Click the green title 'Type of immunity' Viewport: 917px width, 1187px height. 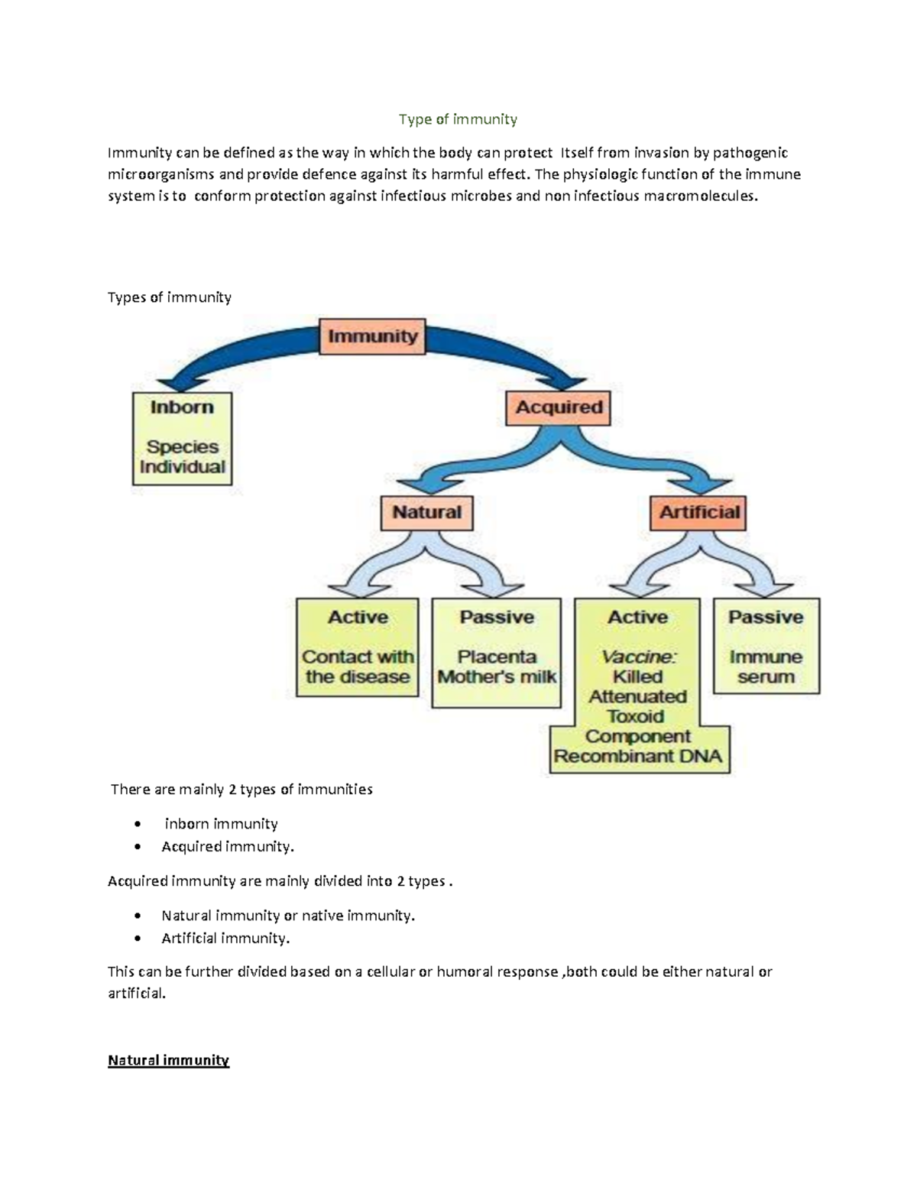pyautogui.click(x=458, y=119)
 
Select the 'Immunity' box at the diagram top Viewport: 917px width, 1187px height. pyautogui.click(x=372, y=336)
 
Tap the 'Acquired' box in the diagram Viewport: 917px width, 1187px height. pyautogui.click(x=559, y=407)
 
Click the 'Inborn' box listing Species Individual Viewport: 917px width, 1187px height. pyautogui.click(x=182, y=439)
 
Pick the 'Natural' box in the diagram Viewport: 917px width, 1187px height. pyautogui.click(x=426, y=513)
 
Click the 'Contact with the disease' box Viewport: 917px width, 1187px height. pyautogui.click(x=358, y=647)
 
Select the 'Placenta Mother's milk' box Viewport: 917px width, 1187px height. pyautogui.click(x=497, y=653)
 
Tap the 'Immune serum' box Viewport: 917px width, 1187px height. pyautogui.click(x=766, y=647)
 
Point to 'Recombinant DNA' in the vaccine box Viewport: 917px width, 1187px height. pyautogui.click(x=638, y=757)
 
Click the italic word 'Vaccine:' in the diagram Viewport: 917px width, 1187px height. pyautogui.click(x=638, y=657)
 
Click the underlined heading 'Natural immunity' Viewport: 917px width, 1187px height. pyautogui.click(x=168, y=1060)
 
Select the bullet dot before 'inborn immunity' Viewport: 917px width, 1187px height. pyautogui.click(x=137, y=824)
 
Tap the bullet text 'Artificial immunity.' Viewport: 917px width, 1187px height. pyautogui.click(x=225, y=938)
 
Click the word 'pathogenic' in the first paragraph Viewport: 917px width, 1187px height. pyautogui.click(x=750, y=153)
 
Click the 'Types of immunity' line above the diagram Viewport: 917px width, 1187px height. pyautogui.click(x=169, y=297)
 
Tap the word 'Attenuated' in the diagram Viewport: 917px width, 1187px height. pyautogui.click(x=637, y=697)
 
